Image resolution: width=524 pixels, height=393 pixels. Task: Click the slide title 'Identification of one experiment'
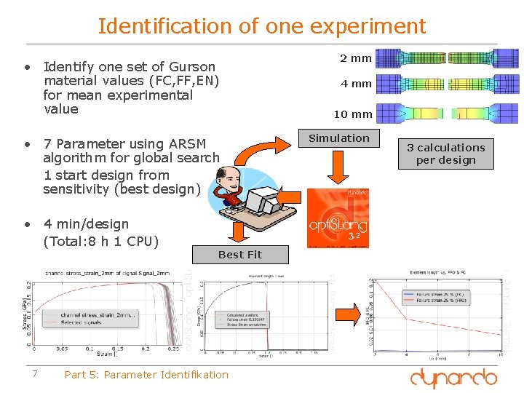(262, 26)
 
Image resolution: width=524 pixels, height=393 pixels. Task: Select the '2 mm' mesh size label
(355, 58)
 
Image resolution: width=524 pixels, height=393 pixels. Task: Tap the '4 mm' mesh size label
(356, 84)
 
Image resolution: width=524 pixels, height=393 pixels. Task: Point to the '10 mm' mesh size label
(353, 114)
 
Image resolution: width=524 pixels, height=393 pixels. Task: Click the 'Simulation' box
(339, 138)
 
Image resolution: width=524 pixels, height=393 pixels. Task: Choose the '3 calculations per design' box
(445, 154)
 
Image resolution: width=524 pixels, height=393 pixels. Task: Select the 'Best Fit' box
(240, 255)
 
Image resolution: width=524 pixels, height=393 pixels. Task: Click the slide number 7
(34, 374)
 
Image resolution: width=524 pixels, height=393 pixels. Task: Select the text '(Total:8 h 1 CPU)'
(101, 241)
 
